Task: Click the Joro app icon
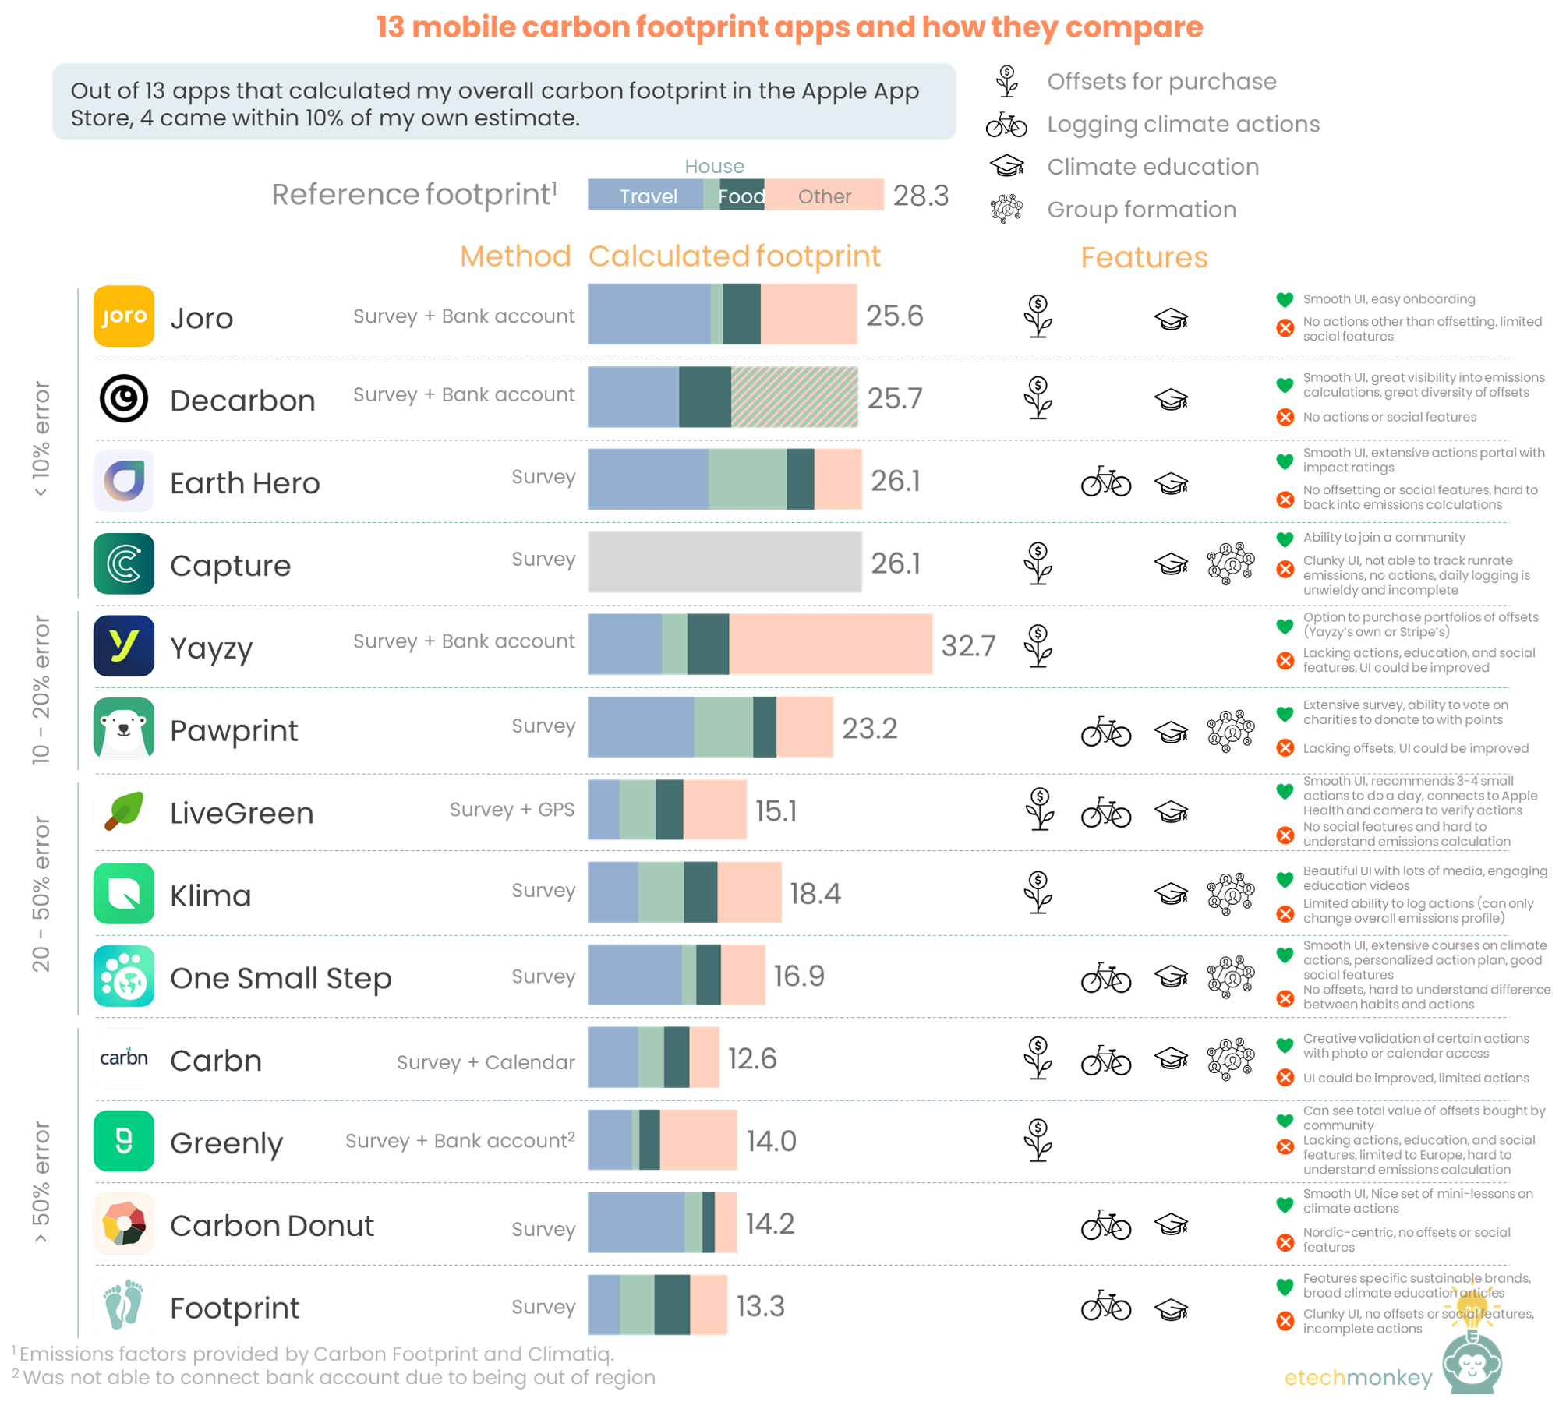coord(123,316)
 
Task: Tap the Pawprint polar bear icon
coord(123,728)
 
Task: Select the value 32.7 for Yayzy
coord(967,645)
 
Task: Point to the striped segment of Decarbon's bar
coord(794,397)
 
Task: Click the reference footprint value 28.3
coord(920,196)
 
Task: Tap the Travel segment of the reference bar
coord(646,196)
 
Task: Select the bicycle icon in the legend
coord(1006,125)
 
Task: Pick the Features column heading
coord(1143,257)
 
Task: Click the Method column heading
coord(514,256)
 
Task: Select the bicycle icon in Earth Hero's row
coord(1105,482)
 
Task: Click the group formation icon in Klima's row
coord(1229,892)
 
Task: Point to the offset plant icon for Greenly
coord(1038,1139)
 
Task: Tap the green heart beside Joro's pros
coord(1284,299)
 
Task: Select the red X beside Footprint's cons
coord(1285,1320)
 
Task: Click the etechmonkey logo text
coord(1357,1378)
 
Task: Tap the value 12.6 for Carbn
coord(751,1058)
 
